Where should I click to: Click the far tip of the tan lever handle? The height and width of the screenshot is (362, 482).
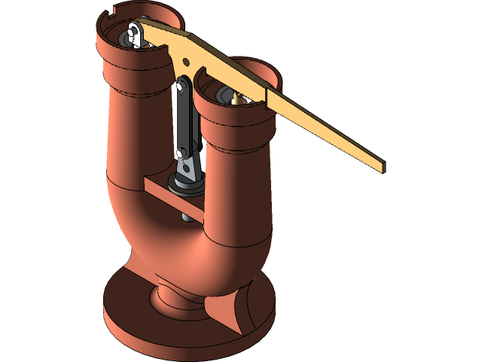click(x=380, y=166)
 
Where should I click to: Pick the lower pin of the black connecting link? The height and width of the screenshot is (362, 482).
click(x=182, y=154)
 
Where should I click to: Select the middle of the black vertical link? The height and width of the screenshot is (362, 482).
click(x=183, y=121)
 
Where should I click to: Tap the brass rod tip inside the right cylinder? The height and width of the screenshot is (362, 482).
click(x=237, y=96)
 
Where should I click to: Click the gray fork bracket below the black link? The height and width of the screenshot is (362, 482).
click(x=188, y=170)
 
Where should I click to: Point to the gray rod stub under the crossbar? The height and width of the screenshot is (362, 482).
click(x=186, y=215)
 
